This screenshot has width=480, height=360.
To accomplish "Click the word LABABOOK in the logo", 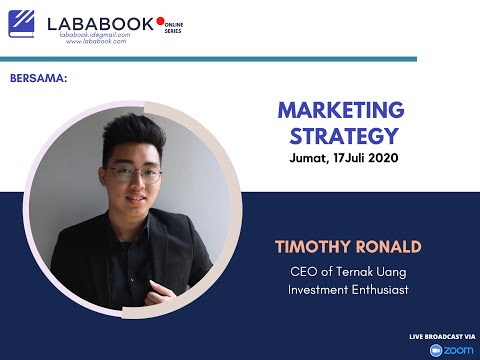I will click(x=101, y=25).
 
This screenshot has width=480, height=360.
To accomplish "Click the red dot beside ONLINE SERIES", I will click(x=159, y=20).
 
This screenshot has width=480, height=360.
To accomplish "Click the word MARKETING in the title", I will click(x=340, y=109).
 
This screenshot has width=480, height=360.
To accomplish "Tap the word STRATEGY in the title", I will click(x=340, y=135).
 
